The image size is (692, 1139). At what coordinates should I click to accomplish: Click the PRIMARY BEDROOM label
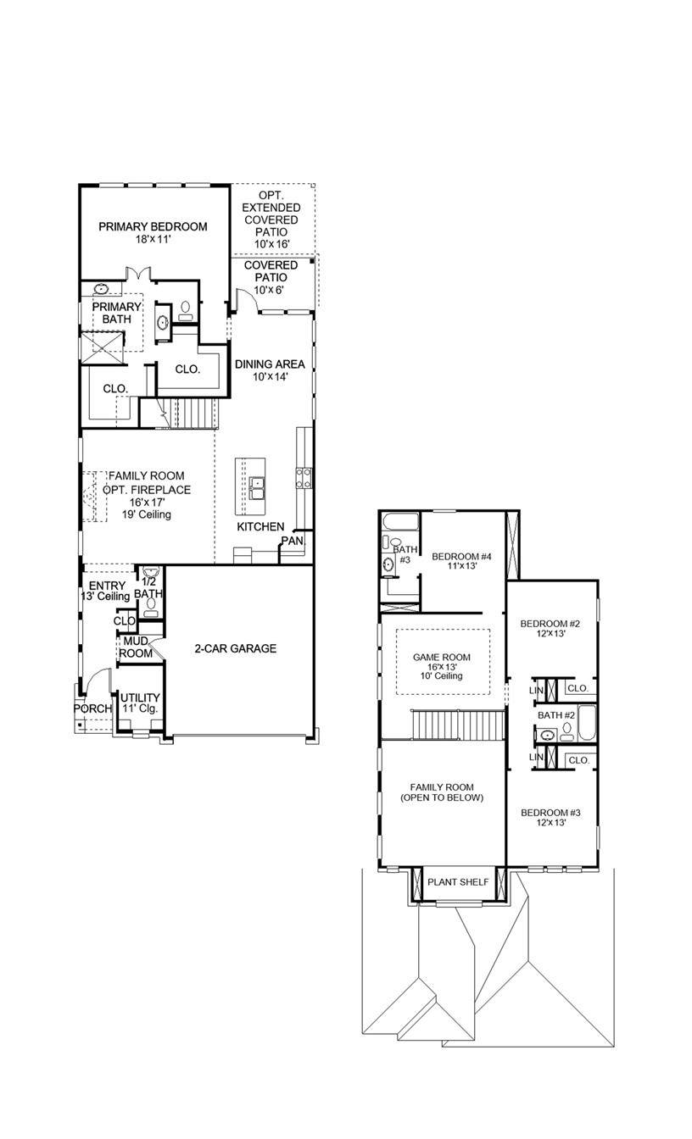click(153, 226)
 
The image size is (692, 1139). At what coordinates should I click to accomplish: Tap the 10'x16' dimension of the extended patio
click(271, 244)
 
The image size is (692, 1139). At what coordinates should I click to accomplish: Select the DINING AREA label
click(270, 364)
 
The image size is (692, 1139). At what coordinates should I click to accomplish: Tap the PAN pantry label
click(292, 540)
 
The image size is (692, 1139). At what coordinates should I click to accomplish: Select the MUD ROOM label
click(136, 647)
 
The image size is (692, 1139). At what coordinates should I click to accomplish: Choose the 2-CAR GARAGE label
click(235, 648)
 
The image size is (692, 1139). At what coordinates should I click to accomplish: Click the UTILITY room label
click(139, 697)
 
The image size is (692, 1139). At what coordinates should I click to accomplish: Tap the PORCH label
click(92, 708)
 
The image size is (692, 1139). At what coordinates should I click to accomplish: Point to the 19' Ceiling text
click(146, 514)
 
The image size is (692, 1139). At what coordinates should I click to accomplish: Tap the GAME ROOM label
click(441, 657)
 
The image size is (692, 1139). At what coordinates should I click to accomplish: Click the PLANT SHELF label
click(458, 882)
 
